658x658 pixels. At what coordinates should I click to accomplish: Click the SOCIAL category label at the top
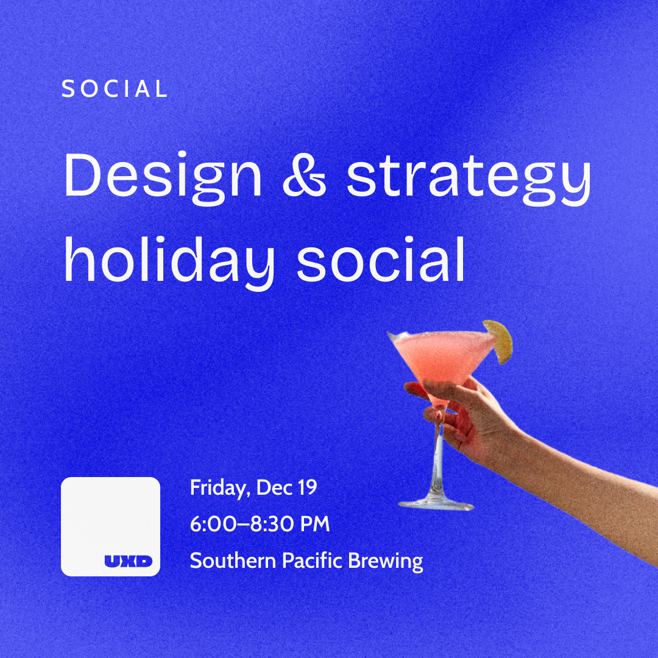[x=114, y=88]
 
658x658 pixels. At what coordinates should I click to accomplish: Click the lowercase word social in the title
[x=381, y=260]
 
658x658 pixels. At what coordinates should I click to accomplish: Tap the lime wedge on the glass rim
[x=499, y=341]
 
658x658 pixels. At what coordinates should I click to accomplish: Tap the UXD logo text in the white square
[x=129, y=561]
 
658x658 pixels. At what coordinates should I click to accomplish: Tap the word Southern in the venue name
[x=233, y=561]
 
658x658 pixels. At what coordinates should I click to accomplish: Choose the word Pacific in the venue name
[x=312, y=561]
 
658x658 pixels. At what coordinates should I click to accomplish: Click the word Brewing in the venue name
[x=385, y=562]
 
